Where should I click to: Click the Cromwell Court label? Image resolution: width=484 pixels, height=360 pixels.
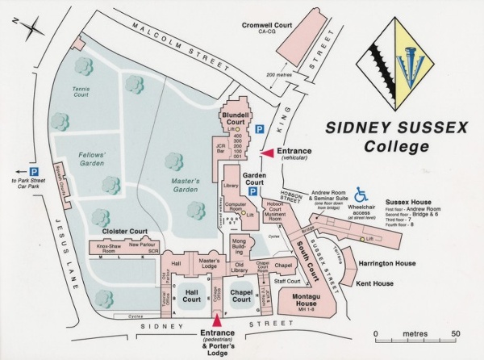click(266, 25)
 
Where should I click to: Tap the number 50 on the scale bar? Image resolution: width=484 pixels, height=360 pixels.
click(456, 333)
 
